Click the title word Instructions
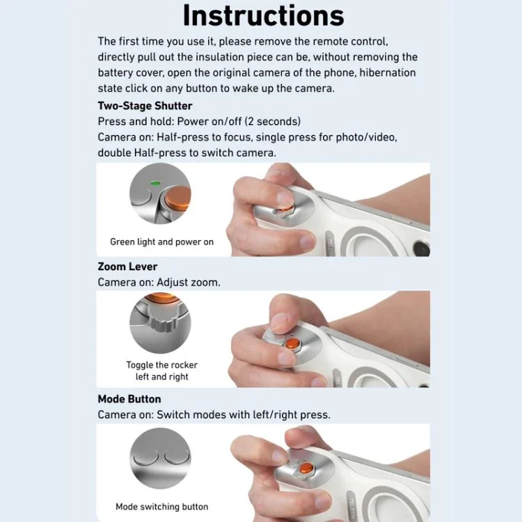(263, 15)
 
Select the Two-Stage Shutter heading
(145, 106)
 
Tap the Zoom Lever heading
(127, 267)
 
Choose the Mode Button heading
(129, 399)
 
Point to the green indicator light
(155, 183)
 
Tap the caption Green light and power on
(161, 242)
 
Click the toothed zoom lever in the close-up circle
(161, 319)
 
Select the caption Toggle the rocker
(161, 365)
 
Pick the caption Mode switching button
(161, 507)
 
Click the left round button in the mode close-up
(145, 457)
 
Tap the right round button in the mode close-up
(177, 456)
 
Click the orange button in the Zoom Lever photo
(292, 344)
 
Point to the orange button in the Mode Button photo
(306, 468)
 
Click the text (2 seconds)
(273, 121)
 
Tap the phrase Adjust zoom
(189, 283)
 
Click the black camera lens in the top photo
(422, 248)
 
